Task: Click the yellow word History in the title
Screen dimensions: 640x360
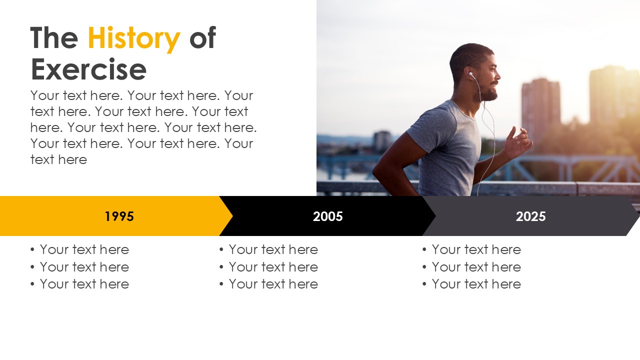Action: pyautogui.click(x=133, y=39)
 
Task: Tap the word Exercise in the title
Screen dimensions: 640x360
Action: pyautogui.click(x=88, y=69)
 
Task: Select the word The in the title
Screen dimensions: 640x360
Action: pyautogui.click(x=54, y=37)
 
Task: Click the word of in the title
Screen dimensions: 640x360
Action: pyautogui.click(x=202, y=37)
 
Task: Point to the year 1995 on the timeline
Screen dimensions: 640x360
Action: pyautogui.click(x=119, y=216)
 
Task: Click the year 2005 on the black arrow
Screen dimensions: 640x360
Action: pyautogui.click(x=327, y=216)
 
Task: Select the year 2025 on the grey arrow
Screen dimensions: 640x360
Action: pyautogui.click(x=530, y=216)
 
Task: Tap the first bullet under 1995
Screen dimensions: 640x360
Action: pyautogui.click(x=79, y=249)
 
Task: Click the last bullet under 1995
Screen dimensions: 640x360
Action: pyautogui.click(x=79, y=284)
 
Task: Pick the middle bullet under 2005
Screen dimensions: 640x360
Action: pyautogui.click(x=268, y=267)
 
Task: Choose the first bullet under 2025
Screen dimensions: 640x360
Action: pyautogui.click(x=471, y=249)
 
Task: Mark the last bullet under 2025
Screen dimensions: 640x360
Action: pyautogui.click(x=471, y=284)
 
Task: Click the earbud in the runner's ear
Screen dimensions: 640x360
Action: pyautogui.click(x=470, y=74)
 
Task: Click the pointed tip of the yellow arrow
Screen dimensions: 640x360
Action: pyautogui.click(x=232, y=216)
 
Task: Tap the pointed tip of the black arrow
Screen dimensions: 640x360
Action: pyautogui.click(x=435, y=216)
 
